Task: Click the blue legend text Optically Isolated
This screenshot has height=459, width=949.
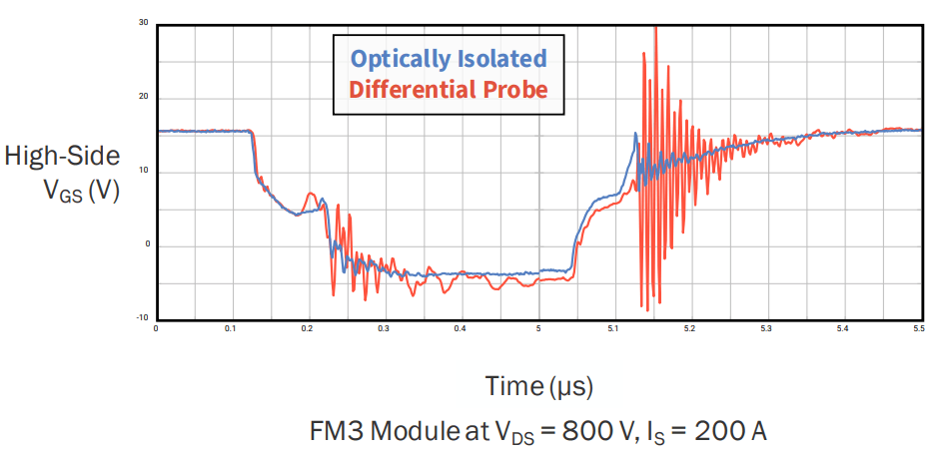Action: (x=449, y=57)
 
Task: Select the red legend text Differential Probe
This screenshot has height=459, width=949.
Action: (x=449, y=90)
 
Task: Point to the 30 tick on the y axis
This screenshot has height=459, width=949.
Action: (x=144, y=23)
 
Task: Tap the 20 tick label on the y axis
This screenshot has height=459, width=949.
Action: (x=144, y=97)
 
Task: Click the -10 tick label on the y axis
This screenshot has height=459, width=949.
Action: (x=142, y=318)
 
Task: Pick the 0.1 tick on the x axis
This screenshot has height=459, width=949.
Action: (x=231, y=327)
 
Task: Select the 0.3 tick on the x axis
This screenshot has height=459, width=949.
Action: (x=384, y=327)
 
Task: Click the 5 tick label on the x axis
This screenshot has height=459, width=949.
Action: (x=538, y=327)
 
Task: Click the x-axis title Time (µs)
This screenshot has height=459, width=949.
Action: (x=538, y=385)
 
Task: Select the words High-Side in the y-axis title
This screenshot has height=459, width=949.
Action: (x=62, y=156)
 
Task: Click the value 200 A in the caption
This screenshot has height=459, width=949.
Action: (x=722, y=432)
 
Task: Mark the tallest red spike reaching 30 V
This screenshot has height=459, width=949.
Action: (x=654, y=30)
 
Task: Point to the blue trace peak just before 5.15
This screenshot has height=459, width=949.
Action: (x=635, y=135)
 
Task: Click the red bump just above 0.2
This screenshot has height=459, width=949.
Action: (x=311, y=195)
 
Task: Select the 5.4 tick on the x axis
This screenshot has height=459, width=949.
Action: (x=842, y=327)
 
